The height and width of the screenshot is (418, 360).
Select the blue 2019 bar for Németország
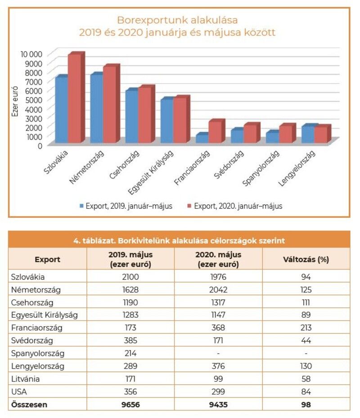(x=97, y=108)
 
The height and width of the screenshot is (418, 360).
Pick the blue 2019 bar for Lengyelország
(x=308, y=134)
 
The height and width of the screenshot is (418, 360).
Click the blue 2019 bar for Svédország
(x=237, y=135)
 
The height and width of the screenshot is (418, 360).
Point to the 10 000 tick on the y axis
(x=31, y=54)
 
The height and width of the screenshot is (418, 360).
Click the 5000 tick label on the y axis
(x=34, y=100)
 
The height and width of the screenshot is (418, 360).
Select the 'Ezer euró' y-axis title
(x=15, y=101)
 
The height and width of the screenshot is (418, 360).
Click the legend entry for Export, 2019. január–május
(x=126, y=206)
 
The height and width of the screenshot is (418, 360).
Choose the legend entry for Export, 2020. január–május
(x=235, y=206)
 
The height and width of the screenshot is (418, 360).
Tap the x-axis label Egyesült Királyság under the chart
(x=151, y=172)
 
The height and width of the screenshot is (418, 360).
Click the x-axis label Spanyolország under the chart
(x=261, y=168)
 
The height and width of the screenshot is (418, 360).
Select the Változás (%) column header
(x=306, y=259)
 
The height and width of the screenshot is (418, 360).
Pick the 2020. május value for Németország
(x=218, y=290)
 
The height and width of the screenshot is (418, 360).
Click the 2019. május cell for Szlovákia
(x=130, y=277)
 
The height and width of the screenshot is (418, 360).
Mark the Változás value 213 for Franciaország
(x=306, y=328)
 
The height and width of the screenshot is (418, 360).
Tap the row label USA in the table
(x=19, y=391)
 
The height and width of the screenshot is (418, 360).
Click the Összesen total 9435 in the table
(x=218, y=405)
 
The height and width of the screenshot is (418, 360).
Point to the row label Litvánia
(x=25, y=379)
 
